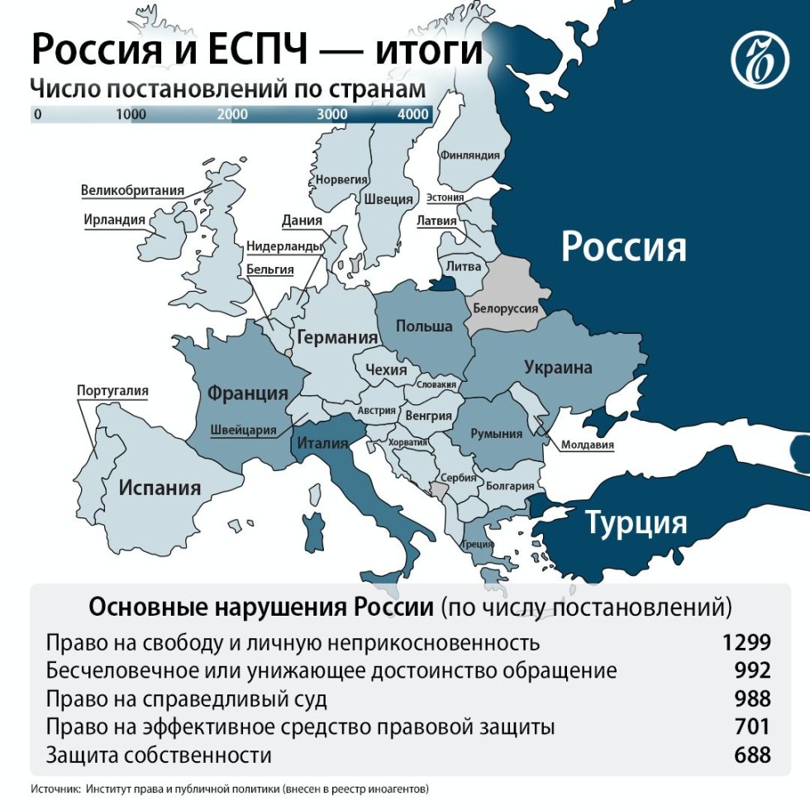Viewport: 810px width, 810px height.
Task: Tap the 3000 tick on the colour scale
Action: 332,114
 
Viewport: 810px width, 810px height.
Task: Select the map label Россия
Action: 623,246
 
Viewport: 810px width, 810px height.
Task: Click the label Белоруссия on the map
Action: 505,308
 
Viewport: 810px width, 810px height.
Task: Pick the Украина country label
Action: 558,367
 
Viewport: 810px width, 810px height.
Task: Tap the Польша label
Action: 424,326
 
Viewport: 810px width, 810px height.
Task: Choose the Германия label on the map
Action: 337,337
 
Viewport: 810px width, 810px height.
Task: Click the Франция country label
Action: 247,393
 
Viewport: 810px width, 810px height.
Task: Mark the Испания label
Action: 160,487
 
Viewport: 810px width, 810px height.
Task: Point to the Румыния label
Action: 496,433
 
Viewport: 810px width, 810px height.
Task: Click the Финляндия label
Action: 471,155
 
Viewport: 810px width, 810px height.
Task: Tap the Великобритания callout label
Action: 132,190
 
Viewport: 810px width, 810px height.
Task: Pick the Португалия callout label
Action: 112,390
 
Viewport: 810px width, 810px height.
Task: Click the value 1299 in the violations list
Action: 746,642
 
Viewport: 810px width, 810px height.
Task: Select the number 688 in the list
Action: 752,755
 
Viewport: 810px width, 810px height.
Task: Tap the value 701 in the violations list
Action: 752,727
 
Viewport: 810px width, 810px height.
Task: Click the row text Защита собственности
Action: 159,755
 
